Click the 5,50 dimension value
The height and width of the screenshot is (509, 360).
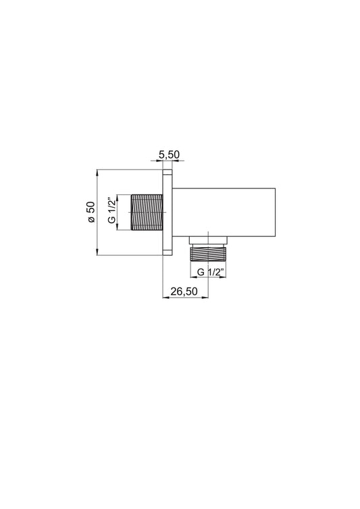(x=169, y=155)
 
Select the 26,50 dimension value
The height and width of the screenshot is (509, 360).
(x=184, y=292)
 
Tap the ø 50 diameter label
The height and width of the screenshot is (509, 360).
(x=91, y=212)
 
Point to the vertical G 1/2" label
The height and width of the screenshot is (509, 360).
(x=111, y=211)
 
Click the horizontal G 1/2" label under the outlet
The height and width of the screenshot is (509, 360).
(x=211, y=272)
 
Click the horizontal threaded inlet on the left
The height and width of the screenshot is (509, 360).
(x=147, y=212)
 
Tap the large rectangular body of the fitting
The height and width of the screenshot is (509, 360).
(x=224, y=212)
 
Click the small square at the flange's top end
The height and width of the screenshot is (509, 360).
(x=167, y=172)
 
